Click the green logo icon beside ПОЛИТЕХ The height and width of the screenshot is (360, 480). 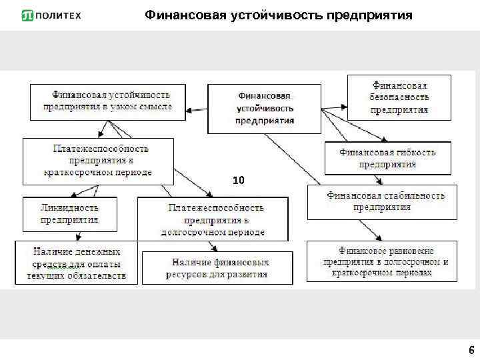tap(27, 15)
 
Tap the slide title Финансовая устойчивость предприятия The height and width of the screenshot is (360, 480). tap(279, 15)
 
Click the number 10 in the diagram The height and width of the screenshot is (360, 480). tap(239, 180)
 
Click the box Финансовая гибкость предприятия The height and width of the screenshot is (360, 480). tap(387, 158)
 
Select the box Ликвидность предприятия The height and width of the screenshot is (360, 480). tap(69, 213)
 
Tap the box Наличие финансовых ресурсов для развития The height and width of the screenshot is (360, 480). tap(217, 268)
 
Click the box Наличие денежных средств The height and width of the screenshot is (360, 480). tap(77, 263)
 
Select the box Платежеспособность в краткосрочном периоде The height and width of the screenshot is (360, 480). tap(98, 161)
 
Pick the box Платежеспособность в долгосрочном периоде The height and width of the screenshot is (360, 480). tap(213, 219)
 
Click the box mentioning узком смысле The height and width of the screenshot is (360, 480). tap(107, 101)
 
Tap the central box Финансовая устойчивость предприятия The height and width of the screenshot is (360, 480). tap(264, 109)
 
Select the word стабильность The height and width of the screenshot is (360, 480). tap(413, 195)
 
